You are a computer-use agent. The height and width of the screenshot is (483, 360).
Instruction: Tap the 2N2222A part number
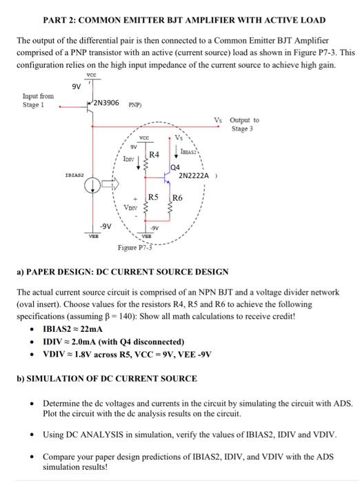(x=195, y=176)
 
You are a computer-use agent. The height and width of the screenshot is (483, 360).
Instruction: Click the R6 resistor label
(x=177, y=197)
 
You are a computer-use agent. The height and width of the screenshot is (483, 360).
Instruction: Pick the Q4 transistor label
(x=175, y=168)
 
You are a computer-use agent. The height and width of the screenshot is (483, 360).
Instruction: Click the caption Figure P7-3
(x=134, y=248)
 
